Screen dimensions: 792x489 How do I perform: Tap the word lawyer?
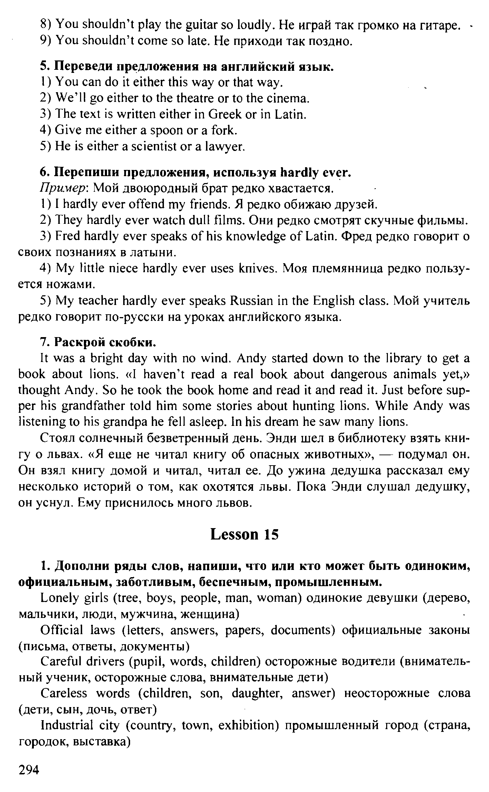[226, 147]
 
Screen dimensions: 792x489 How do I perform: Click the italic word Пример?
[65, 189]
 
